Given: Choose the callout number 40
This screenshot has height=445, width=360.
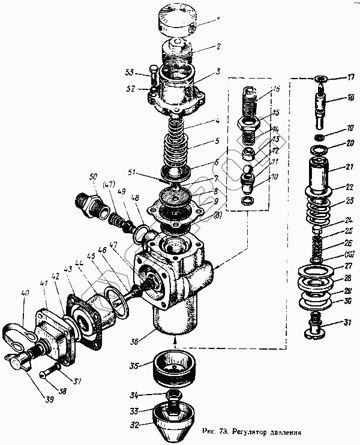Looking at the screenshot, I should click(x=25, y=294).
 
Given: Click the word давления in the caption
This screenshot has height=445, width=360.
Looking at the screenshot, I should click(x=279, y=431).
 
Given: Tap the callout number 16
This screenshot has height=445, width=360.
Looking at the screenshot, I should click(x=276, y=89).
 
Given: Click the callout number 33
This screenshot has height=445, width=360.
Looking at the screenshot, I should click(x=136, y=411).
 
